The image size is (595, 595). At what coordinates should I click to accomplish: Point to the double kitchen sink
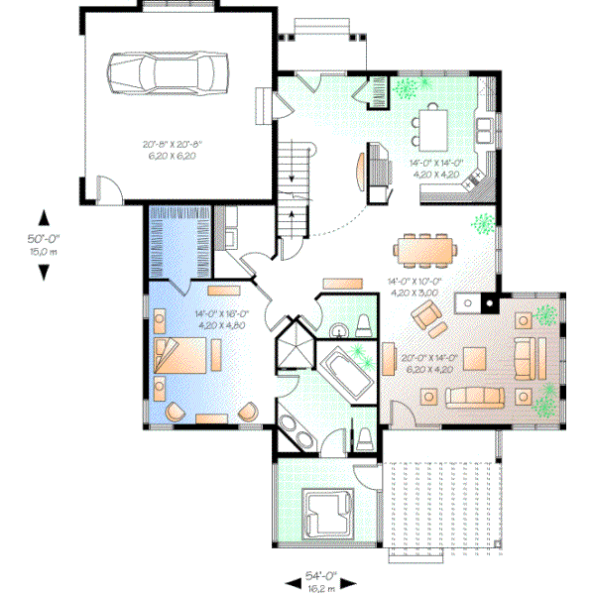[486, 126]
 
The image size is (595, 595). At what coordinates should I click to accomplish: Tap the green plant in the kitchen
[406, 88]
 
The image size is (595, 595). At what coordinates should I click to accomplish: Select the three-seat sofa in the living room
[473, 398]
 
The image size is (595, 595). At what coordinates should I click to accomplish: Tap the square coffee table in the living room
[474, 357]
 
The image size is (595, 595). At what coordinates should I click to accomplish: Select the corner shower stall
[294, 343]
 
